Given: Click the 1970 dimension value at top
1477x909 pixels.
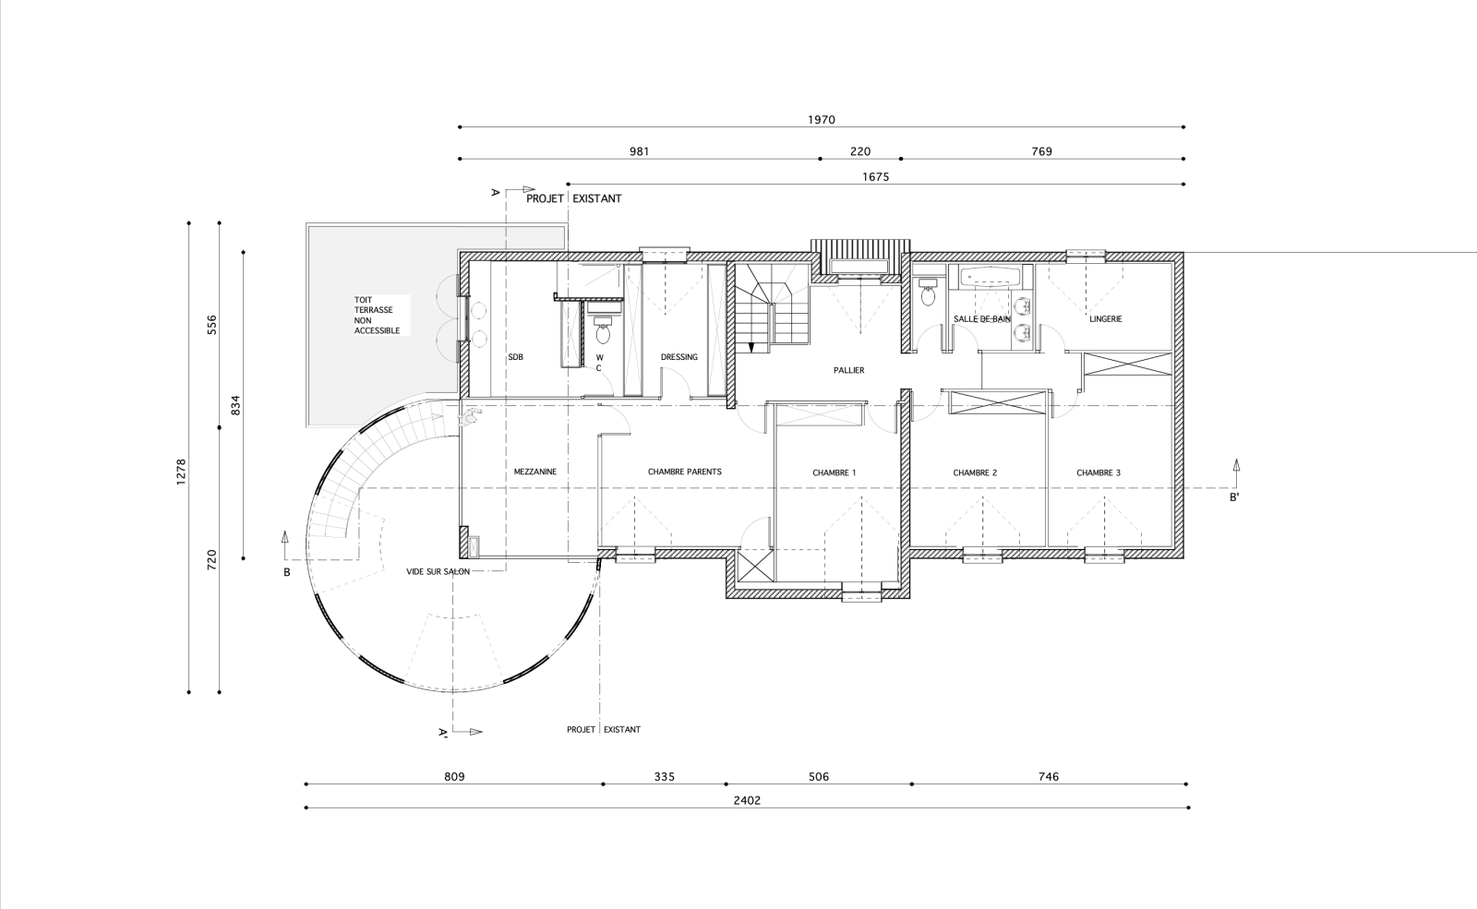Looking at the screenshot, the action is coord(821,120).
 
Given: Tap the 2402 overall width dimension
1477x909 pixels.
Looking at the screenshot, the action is coord(747,800).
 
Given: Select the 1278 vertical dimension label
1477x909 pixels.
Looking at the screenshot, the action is coord(181,472).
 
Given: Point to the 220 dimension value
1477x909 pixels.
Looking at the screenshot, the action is coord(859,151).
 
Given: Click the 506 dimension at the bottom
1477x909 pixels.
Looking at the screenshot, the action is coord(818,776).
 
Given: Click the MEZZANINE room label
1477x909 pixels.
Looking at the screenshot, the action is coord(535,472).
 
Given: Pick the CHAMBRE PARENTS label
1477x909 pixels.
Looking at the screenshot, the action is coord(684,472).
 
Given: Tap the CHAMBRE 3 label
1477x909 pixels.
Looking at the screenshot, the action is coord(1099,472).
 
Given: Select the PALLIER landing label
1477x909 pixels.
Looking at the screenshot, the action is coord(848,370).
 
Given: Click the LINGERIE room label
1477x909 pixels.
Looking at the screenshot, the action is coord(1106,319).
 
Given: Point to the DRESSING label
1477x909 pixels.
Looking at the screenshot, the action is coord(679,357).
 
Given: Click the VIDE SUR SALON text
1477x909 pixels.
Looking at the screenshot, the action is coord(438,571).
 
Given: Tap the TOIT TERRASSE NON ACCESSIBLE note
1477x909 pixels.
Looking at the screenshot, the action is coord(378,315).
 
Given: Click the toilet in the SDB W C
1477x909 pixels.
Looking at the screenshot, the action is coord(603,330).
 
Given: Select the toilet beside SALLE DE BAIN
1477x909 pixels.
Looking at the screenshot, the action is coord(929,292).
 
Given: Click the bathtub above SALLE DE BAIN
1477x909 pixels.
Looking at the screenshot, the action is coord(991,278).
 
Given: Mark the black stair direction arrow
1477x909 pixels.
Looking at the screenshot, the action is coord(751,347).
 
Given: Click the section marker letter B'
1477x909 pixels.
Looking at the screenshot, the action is coord(1234,497).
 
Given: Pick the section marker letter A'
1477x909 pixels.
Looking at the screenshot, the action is coord(444,732).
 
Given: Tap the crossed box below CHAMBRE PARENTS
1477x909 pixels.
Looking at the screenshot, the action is coord(756,566).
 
